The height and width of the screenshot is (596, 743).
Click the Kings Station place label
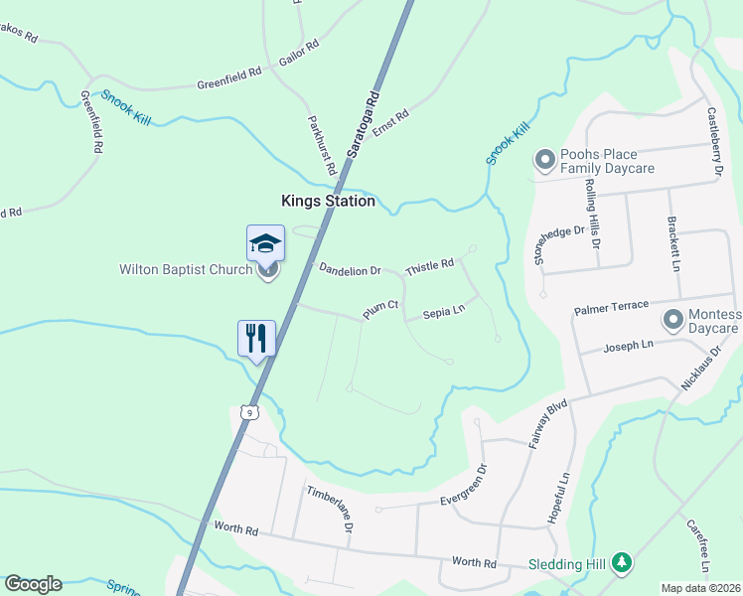pos(328,201)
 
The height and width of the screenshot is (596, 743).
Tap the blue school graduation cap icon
pos(265,242)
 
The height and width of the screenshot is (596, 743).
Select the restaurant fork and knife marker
pos(255,338)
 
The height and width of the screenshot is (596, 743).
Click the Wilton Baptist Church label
pos(186,269)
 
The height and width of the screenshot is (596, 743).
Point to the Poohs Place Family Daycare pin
pos(544,160)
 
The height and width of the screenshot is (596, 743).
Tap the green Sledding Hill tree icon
pos(622,563)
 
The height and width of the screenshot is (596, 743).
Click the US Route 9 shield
pos(249,411)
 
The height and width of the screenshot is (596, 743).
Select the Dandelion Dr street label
pos(350,269)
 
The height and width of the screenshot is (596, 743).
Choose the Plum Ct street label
pos(380,311)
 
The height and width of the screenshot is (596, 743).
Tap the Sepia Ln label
pos(444,311)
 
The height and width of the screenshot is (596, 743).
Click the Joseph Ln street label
pos(629,346)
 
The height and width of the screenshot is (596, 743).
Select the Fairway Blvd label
pos(547,422)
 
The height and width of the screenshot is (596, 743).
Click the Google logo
pos(33,584)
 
